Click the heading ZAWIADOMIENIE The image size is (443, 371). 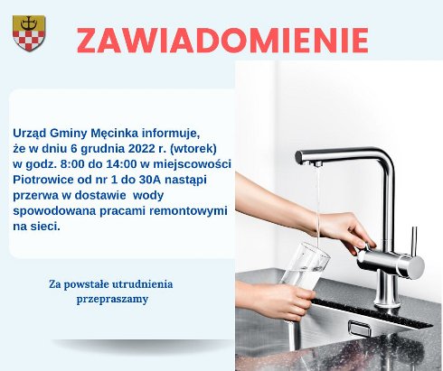[x=221, y=41]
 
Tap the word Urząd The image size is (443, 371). [x=33, y=131]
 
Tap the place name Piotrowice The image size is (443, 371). [x=44, y=179]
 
